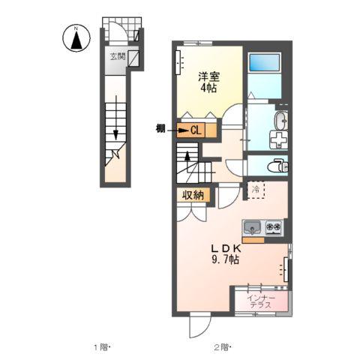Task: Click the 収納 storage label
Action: [190, 194]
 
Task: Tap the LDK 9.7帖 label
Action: [224, 254]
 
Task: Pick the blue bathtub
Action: [264, 71]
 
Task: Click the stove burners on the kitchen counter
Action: [272, 226]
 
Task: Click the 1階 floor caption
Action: [101, 346]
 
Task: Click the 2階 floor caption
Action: [222, 346]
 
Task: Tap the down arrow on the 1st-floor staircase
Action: [116, 134]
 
